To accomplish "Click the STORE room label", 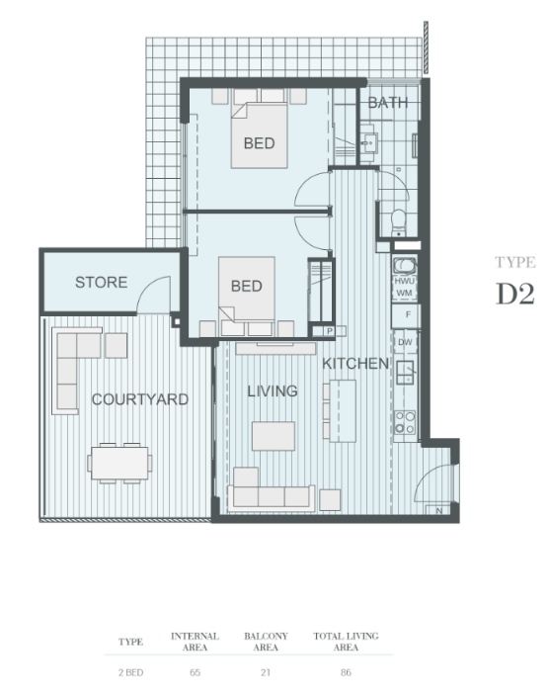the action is point(101,282).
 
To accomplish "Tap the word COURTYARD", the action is point(140,399).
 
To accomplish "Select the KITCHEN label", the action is point(355,363).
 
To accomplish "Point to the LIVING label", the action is point(273,390).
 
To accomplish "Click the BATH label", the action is point(387,103).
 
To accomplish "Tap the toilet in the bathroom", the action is point(399,222).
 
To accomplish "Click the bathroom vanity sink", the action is point(368,142).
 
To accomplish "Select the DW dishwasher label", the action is point(405,342).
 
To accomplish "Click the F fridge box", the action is point(407,314).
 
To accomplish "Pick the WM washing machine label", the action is point(404,293).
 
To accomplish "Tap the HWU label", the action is point(404,281).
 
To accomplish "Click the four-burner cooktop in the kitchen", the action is point(405,422).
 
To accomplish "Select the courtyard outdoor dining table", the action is point(120,464).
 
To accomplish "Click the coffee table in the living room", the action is point(274,436).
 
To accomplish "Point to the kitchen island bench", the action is point(343,411).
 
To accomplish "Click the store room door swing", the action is point(153,295).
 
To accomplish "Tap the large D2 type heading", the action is point(515,294).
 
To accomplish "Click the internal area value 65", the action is point(196,672).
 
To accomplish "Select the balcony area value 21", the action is point(266,672).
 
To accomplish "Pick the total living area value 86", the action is point(346,672).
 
